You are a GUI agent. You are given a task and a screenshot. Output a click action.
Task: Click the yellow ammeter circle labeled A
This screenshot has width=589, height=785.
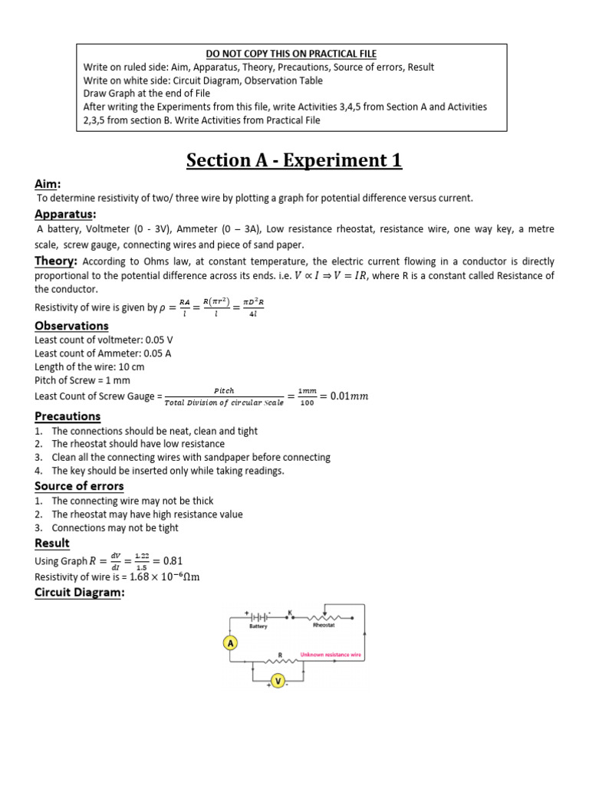pyautogui.click(x=229, y=644)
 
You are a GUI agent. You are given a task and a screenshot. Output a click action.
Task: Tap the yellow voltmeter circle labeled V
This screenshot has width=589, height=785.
pyautogui.click(x=279, y=681)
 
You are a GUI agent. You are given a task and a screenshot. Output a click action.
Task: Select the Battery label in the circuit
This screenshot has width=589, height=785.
pyautogui.click(x=258, y=626)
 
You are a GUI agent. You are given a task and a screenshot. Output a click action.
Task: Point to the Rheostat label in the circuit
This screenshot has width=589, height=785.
pyautogui.click(x=324, y=626)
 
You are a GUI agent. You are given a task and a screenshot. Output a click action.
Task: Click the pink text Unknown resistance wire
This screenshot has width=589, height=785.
pyautogui.click(x=331, y=655)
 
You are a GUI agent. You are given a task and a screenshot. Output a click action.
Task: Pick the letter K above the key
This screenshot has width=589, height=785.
pyautogui.click(x=290, y=612)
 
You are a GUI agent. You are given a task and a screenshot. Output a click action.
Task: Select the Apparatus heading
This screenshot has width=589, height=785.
pyautogui.click(x=65, y=214)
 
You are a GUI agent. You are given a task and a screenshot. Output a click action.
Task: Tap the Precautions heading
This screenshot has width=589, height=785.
pyautogui.click(x=67, y=416)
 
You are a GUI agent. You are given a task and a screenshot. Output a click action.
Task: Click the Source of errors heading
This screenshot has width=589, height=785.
pyautogui.click(x=79, y=486)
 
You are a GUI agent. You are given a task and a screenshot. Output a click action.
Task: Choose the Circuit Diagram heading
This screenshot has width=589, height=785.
pyautogui.click(x=79, y=593)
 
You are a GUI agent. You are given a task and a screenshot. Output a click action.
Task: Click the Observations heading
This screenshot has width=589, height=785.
pyautogui.click(x=71, y=326)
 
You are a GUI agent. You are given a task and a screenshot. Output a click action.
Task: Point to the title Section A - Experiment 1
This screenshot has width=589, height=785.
pyautogui.click(x=294, y=161)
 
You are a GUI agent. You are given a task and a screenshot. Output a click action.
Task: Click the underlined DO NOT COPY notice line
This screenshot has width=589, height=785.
pyautogui.click(x=291, y=54)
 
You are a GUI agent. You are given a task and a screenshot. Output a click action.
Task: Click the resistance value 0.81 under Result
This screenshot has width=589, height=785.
pyautogui.click(x=170, y=560)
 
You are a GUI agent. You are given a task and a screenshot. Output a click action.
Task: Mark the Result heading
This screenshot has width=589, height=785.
pyautogui.click(x=52, y=543)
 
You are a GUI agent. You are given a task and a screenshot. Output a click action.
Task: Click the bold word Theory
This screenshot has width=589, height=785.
pyautogui.click(x=53, y=261)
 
